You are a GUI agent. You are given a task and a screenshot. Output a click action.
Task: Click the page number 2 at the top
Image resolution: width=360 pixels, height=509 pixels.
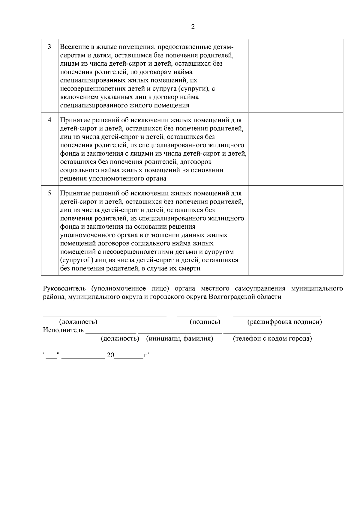click(193, 27)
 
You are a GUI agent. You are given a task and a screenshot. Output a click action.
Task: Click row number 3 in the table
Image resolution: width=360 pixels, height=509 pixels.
click(49, 47)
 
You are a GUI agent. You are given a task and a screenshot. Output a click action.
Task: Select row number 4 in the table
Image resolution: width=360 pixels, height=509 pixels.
click(49, 120)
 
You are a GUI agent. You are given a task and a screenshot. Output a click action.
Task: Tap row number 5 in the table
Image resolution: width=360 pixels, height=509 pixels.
click(49, 193)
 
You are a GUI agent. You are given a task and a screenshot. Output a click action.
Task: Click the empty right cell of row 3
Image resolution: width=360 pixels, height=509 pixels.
click(295, 76)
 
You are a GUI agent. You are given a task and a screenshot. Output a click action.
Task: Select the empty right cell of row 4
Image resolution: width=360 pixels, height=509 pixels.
click(295, 149)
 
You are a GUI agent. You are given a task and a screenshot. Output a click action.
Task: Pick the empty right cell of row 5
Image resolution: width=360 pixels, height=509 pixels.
click(295, 230)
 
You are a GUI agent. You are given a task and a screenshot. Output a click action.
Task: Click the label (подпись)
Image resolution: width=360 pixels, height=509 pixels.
click(205, 322)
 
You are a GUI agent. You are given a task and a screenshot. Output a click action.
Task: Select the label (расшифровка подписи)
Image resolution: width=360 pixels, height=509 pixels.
click(284, 322)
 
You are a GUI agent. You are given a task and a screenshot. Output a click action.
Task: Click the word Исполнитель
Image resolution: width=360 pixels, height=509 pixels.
click(63, 330)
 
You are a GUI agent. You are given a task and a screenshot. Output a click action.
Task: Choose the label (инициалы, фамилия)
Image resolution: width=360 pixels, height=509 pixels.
click(179, 339)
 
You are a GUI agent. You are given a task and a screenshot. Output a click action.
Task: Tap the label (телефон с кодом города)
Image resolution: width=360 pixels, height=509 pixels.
click(272, 339)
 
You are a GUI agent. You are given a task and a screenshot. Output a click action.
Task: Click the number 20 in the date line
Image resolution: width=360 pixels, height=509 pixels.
click(110, 356)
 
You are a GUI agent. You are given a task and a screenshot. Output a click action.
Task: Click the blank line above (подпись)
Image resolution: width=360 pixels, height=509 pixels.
click(197, 315)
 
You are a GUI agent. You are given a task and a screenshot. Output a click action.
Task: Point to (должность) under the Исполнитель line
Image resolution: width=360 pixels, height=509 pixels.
click(120, 339)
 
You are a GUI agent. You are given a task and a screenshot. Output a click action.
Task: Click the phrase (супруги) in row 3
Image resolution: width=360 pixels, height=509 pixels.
click(195, 89)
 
